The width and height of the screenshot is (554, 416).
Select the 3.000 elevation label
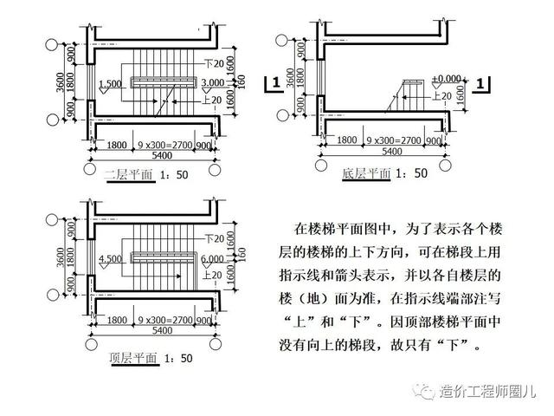point(214,82)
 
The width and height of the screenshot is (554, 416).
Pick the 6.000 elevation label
point(212,258)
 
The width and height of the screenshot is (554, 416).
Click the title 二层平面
point(128,175)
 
